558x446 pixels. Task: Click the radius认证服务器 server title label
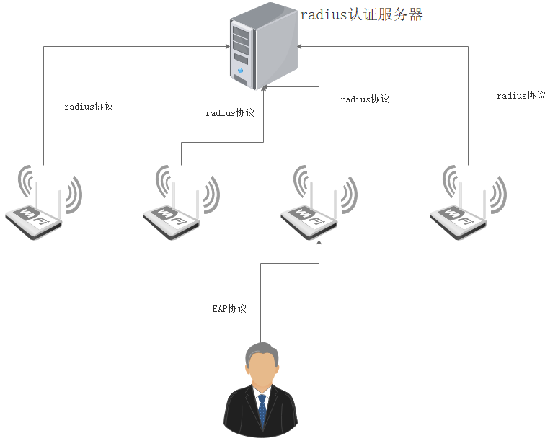[361, 14]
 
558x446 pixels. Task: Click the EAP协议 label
[229, 309]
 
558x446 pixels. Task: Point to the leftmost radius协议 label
[89, 107]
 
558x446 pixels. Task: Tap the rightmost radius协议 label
[521, 96]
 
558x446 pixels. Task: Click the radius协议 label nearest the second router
[230, 113]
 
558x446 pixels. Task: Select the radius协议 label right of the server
[365, 99]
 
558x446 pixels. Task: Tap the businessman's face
[260, 370]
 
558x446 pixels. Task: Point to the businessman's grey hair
[260, 349]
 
